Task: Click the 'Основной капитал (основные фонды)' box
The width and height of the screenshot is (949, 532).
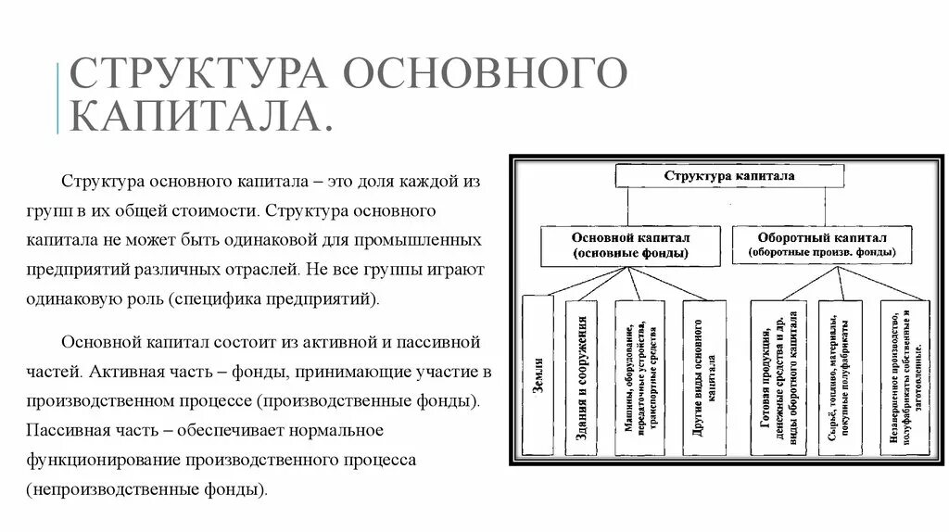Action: tap(630, 245)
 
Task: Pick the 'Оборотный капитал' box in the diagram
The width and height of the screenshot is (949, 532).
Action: tap(822, 244)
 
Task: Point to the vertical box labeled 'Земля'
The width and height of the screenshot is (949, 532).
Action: tap(538, 374)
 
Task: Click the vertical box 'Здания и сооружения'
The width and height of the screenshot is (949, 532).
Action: tap(583, 374)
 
